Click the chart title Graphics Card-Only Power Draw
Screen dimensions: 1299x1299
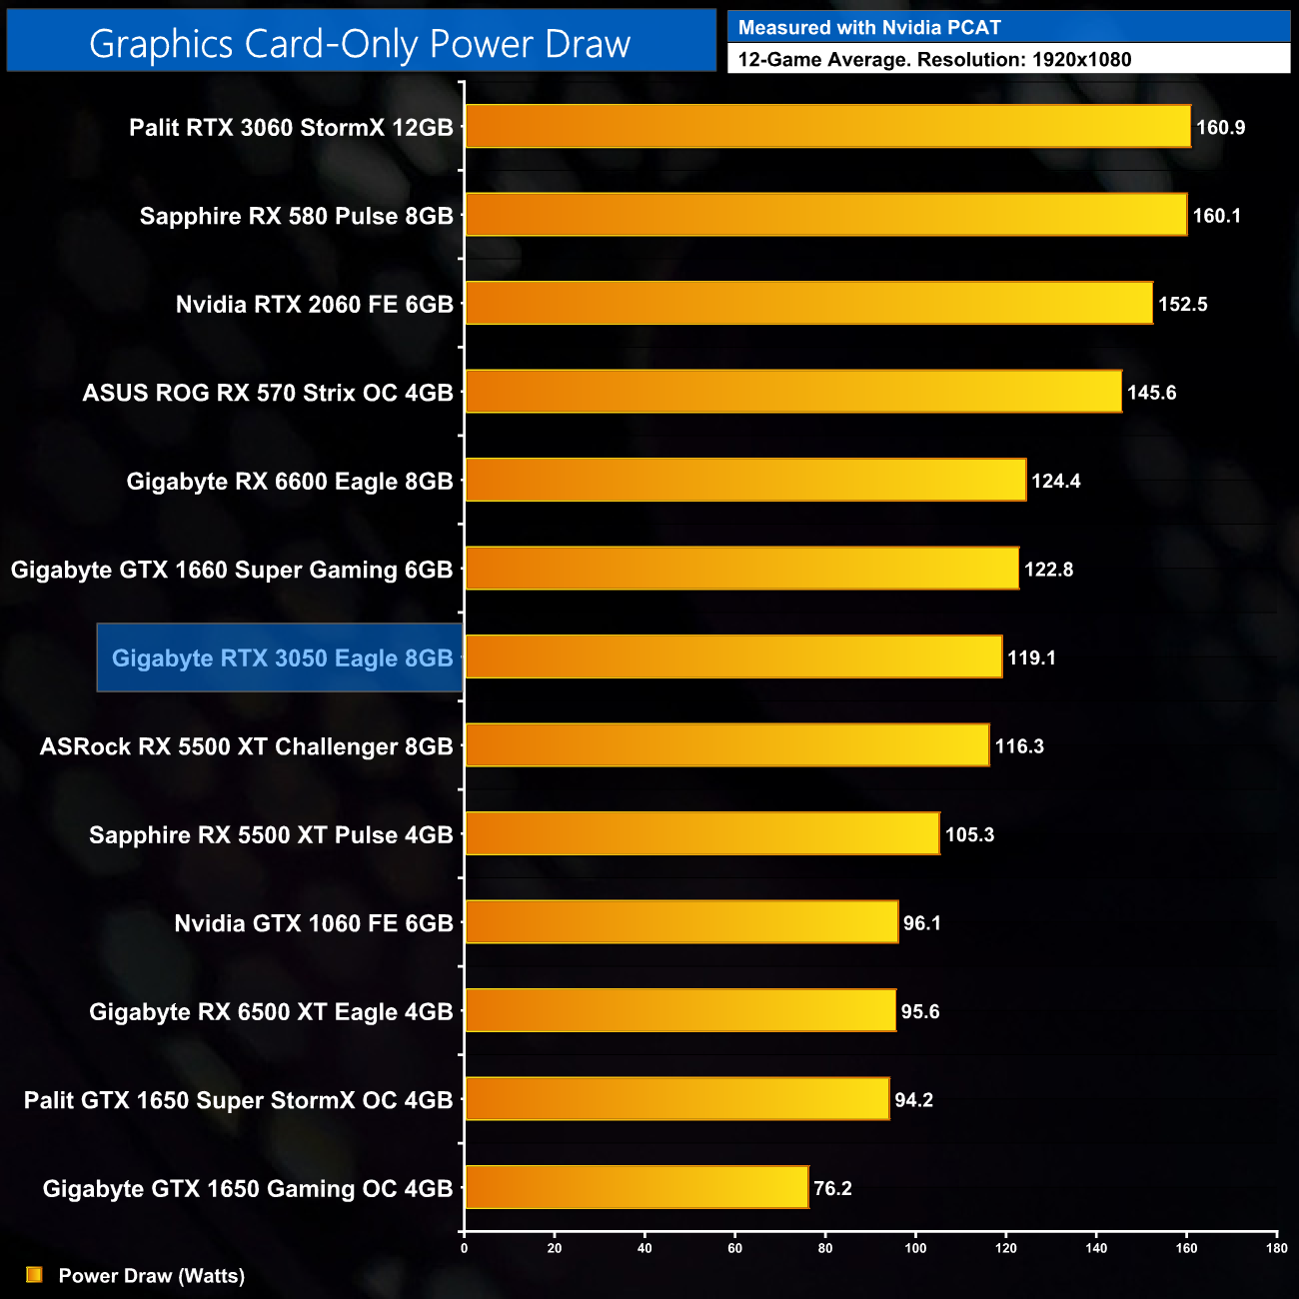coord(360,44)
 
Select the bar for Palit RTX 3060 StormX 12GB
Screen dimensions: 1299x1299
coord(827,127)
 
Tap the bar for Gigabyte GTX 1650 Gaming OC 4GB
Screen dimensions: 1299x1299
coord(637,1187)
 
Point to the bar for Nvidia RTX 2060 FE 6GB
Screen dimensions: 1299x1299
coord(808,304)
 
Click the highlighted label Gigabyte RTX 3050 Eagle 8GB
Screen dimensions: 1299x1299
coord(282,657)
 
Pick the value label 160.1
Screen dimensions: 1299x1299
coord(1216,216)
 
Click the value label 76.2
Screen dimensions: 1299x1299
coord(832,1188)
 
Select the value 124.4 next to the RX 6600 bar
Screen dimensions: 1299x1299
coord(1055,481)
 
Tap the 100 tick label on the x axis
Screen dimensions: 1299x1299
coord(915,1248)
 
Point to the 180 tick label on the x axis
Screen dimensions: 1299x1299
coord(1276,1248)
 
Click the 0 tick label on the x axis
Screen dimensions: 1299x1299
coord(464,1248)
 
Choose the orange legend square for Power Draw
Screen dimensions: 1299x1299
coord(34,1274)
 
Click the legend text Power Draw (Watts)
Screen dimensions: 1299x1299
coord(152,1276)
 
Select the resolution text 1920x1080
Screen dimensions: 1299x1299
coord(1081,60)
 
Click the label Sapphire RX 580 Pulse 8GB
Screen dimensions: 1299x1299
coord(296,216)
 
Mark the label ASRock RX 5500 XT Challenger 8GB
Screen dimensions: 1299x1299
coord(246,746)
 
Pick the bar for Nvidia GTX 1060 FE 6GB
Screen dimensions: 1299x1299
coord(681,922)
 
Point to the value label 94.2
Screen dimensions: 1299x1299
coord(913,1100)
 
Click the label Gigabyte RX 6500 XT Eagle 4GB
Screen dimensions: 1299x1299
coord(271,1012)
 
